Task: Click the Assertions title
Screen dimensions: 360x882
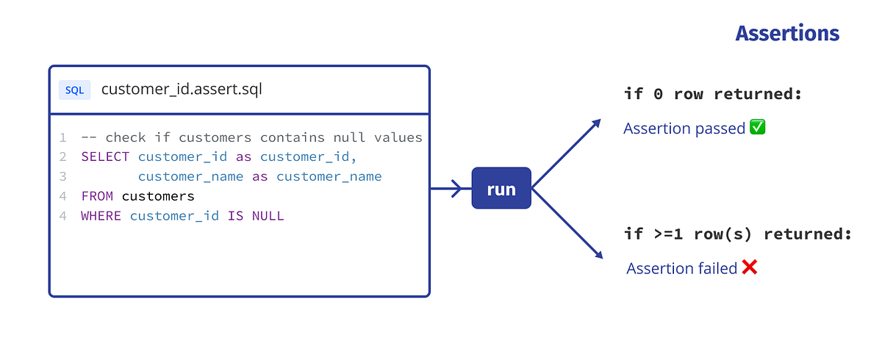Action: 787,34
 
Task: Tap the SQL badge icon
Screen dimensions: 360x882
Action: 74,90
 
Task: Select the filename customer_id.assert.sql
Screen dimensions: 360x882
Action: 182,90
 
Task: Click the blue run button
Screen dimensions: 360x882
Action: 501,189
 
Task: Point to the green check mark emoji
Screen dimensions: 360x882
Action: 758,128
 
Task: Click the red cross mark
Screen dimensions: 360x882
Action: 749,267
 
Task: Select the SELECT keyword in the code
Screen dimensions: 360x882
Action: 105,156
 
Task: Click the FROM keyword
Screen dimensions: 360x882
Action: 97,196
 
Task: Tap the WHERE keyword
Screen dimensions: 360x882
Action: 101,216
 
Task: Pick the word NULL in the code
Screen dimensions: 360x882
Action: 268,216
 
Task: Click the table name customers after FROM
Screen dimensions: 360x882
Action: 158,196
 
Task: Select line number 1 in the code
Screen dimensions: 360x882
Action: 63,137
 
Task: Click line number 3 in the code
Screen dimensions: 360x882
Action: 63,176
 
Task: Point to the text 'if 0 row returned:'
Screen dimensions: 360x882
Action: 711,94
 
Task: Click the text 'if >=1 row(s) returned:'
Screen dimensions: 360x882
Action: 737,234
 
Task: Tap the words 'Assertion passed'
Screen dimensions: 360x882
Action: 684,129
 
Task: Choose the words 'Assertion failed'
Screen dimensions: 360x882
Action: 681,268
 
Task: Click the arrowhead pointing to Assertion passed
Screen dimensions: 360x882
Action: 596,123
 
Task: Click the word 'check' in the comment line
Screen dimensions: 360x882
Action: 126,137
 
